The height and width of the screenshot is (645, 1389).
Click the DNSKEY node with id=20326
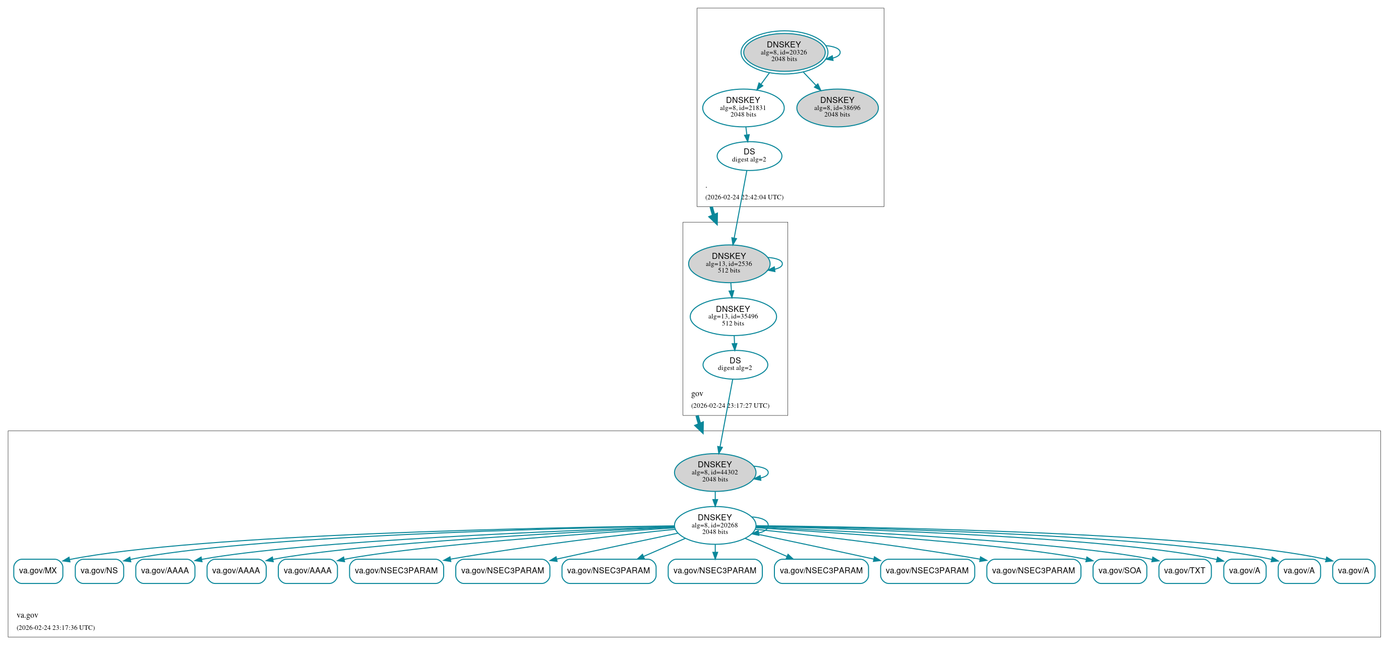click(783, 52)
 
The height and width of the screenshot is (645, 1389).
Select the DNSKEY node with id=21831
click(743, 107)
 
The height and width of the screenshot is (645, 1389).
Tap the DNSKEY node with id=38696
click(837, 107)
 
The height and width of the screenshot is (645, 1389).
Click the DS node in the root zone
click(749, 155)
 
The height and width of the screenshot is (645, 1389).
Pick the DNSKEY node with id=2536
click(729, 263)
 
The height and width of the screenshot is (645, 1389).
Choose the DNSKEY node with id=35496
click(733, 316)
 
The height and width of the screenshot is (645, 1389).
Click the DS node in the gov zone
click(735, 364)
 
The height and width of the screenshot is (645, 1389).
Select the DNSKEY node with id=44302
click(714, 472)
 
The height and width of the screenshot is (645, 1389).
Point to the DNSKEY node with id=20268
click(714, 525)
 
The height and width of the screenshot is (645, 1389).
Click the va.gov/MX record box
click(38, 571)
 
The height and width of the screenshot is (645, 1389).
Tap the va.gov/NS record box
click(99, 571)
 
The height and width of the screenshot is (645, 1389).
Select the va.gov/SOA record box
click(1119, 571)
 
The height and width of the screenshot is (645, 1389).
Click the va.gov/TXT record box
click(1185, 571)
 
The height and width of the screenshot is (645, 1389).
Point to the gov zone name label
click(697, 394)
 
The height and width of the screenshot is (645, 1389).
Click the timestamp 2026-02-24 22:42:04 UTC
click(744, 197)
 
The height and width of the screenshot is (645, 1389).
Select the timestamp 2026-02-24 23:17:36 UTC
click(55, 628)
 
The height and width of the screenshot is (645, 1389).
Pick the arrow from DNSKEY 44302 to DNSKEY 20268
click(715, 499)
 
